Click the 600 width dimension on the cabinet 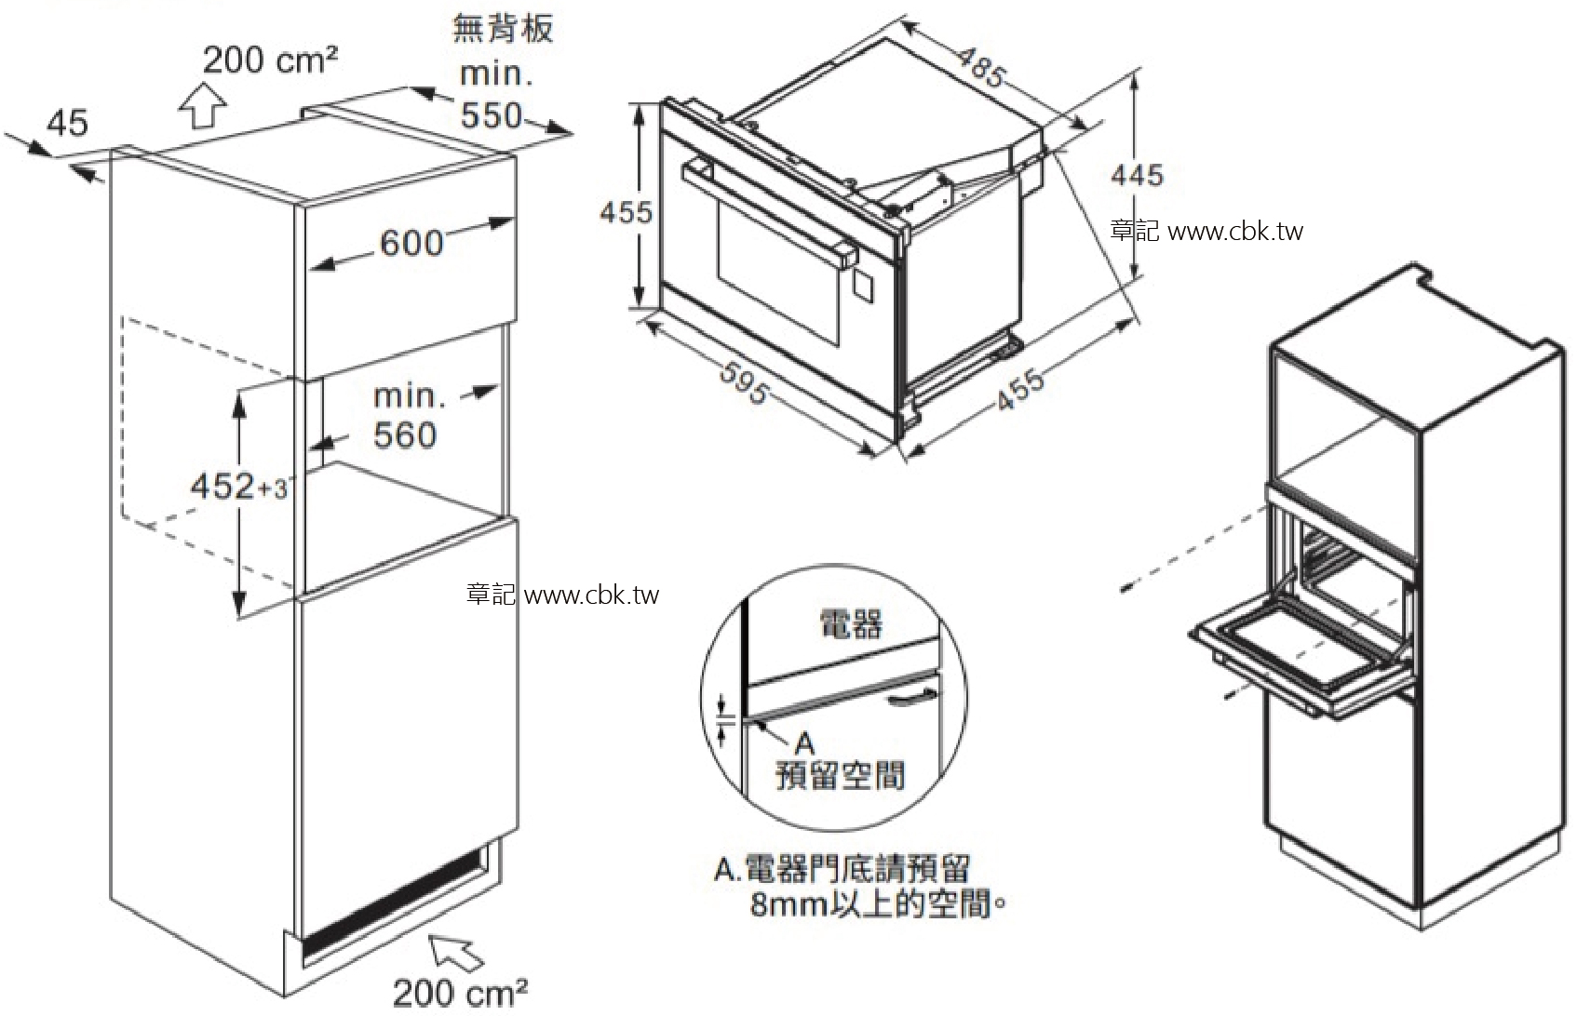(411, 243)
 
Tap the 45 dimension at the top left (67, 122)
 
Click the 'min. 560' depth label (406, 416)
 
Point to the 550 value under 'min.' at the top (492, 115)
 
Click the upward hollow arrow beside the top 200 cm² (203, 104)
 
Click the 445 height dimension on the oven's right (1137, 174)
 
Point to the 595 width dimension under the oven (745, 381)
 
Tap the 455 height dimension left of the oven (626, 212)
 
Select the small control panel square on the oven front (862, 287)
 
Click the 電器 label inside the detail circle (850, 623)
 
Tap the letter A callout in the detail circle (804, 742)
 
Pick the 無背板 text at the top (503, 29)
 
